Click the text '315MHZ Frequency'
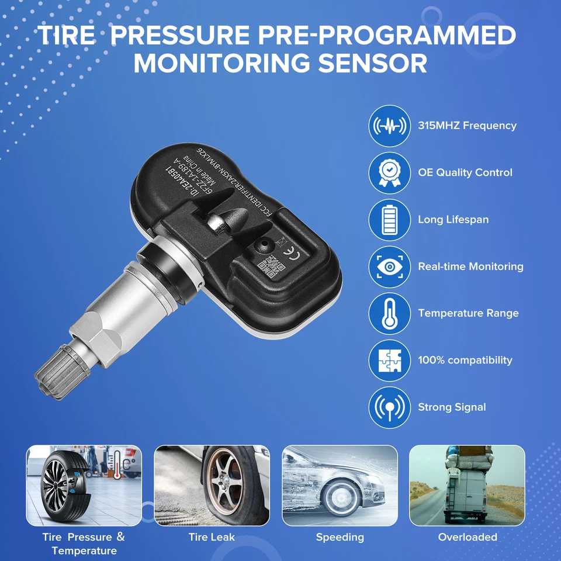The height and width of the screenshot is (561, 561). click(467, 126)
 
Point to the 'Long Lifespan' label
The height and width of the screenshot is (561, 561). click(453, 220)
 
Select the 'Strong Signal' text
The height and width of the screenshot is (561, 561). click(452, 407)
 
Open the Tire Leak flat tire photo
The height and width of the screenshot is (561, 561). click(212, 485)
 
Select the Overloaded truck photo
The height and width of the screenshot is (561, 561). click(467, 485)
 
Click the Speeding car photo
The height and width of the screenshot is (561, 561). click(340, 485)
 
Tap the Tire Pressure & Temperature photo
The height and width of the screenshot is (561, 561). click(84, 485)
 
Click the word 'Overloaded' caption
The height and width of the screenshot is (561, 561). click(467, 537)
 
